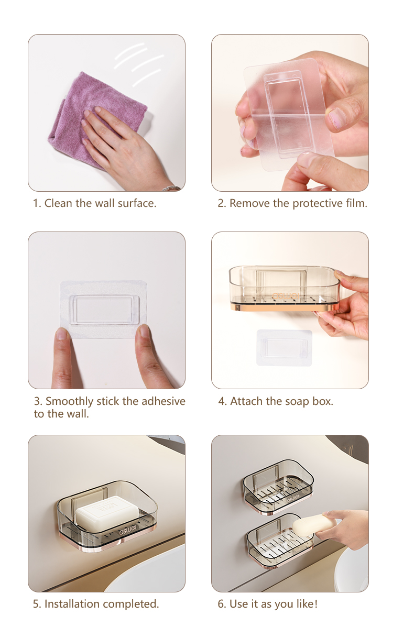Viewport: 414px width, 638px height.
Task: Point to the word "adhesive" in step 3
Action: (x=164, y=401)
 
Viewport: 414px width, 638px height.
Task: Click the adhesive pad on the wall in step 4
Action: (x=284, y=348)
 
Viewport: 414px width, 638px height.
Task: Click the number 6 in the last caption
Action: (x=221, y=604)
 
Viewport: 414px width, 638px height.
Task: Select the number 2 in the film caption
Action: (x=221, y=204)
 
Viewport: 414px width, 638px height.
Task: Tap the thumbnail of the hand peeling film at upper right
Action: (x=290, y=113)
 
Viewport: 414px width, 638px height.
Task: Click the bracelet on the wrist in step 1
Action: (x=171, y=188)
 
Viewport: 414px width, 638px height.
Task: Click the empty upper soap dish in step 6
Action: (x=278, y=487)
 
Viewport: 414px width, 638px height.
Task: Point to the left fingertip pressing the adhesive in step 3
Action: (x=62, y=334)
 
